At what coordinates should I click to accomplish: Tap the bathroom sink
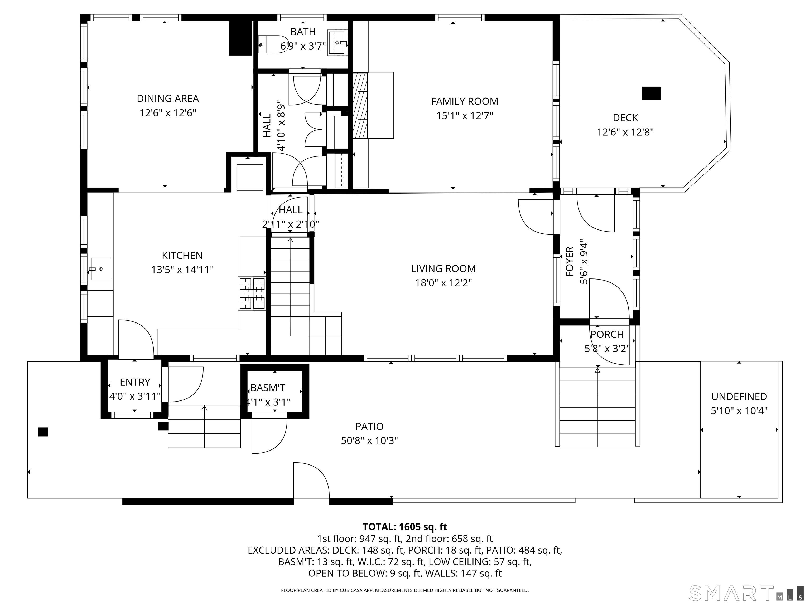pyautogui.click(x=337, y=43)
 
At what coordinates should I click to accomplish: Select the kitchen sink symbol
pyautogui.click(x=101, y=269)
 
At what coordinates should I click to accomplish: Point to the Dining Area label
pyautogui.click(x=168, y=99)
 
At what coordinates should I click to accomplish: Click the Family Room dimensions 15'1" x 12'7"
pyautogui.click(x=464, y=116)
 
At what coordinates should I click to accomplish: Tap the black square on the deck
pyautogui.click(x=652, y=93)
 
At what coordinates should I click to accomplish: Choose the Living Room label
pyautogui.click(x=443, y=268)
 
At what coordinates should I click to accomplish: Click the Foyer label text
pyautogui.click(x=570, y=262)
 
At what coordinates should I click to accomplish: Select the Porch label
pyautogui.click(x=607, y=334)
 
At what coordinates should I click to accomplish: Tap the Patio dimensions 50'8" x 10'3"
pyautogui.click(x=369, y=440)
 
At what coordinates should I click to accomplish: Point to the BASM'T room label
pyautogui.click(x=268, y=388)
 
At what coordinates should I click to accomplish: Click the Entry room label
pyautogui.click(x=135, y=382)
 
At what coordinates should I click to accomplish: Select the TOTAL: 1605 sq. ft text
pyautogui.click(x=405, y=527)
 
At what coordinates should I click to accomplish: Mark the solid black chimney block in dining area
pyautogui.click(x=240, y=38)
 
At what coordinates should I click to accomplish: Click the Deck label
pyautogui.click(x=625, y=118)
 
